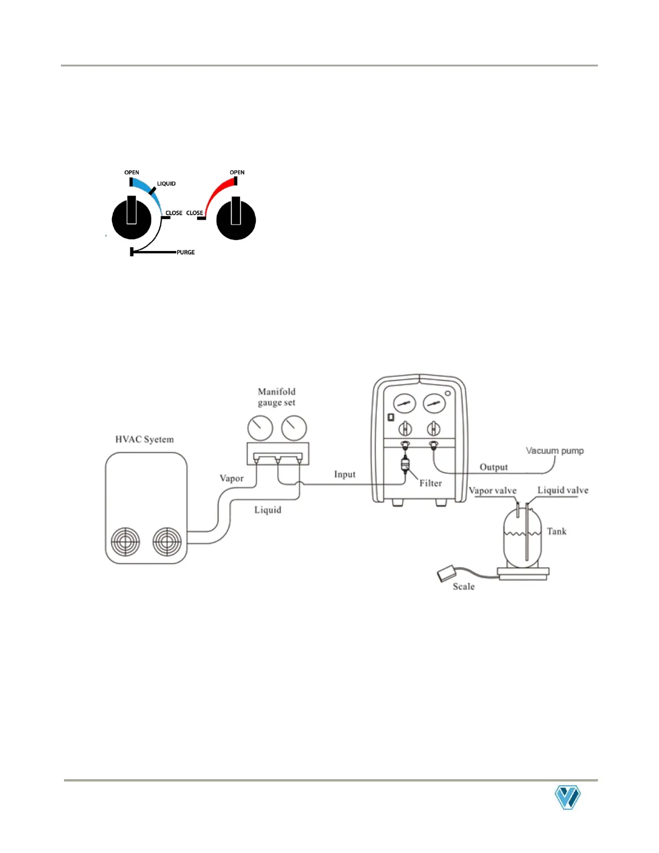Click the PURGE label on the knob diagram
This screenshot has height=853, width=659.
[x=186, y=253]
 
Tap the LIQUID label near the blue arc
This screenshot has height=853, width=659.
[x=166, y=184]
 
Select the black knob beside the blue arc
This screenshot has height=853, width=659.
[x=131, y=219]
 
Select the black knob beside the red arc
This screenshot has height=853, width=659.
[x=236, y=220]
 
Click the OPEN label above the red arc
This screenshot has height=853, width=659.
[x=237, y=172]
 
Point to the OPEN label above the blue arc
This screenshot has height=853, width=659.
[x=132, y=172]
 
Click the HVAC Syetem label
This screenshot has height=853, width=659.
[x=144, y=439]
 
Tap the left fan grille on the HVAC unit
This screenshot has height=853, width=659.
[x=125, y=541]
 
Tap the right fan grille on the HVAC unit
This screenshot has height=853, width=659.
[x=167, y=541]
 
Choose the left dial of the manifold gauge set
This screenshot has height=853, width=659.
[x=260, y=428]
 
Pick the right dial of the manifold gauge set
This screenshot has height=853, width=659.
[x=294, y=428]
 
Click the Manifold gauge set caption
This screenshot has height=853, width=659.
[x=276, y=397]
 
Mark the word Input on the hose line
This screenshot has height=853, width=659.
[x=345, y=474]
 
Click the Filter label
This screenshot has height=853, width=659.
[x=431, y=483]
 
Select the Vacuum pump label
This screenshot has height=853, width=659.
[x=555, y=451]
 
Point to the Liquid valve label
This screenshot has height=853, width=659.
[x=563, y=490]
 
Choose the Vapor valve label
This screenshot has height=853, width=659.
[x=493, y=491]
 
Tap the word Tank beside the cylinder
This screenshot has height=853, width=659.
[x=557, y=532]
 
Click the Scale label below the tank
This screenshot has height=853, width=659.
[x=464, y=586]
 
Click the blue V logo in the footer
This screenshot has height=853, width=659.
[x=567, y=798]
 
